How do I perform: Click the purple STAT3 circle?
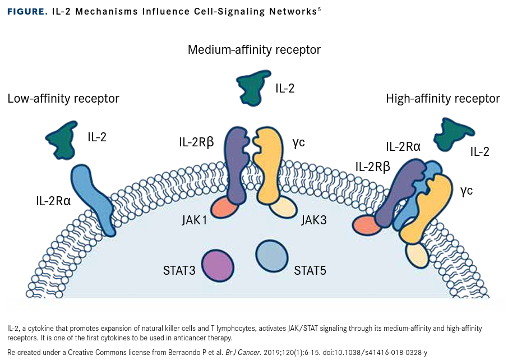tap(218, 265)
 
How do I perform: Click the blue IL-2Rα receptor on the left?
tap(93, 193)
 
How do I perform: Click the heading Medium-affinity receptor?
tap(254, 49)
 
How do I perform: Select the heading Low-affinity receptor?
tap(63, 99)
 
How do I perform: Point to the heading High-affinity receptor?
tap(443, 99)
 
